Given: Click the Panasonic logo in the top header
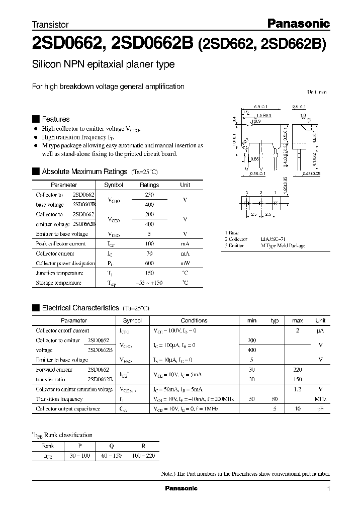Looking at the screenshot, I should tap(297, 23).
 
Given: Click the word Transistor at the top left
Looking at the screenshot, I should tap(50, 24).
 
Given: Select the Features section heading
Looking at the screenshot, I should tap(55, 119).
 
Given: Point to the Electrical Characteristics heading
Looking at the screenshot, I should tap(80, 307).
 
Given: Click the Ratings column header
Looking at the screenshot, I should tap(149, 185).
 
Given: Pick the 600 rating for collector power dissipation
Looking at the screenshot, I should tap(149, 263).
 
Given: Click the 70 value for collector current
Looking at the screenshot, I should tap(149, 253).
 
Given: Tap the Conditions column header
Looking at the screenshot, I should tap(194, 320).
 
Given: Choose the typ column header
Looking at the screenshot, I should tap(275, 320).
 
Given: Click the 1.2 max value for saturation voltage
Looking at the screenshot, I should tap(298, 389).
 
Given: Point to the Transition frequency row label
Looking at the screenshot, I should tap(59, 399).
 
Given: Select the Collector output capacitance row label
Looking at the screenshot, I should tap(68, 409).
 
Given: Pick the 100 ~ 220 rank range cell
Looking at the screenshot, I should tap(143, 456).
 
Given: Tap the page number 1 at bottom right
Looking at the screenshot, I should tap(328, 489).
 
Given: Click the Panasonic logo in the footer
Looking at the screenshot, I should tap(182, 488).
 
